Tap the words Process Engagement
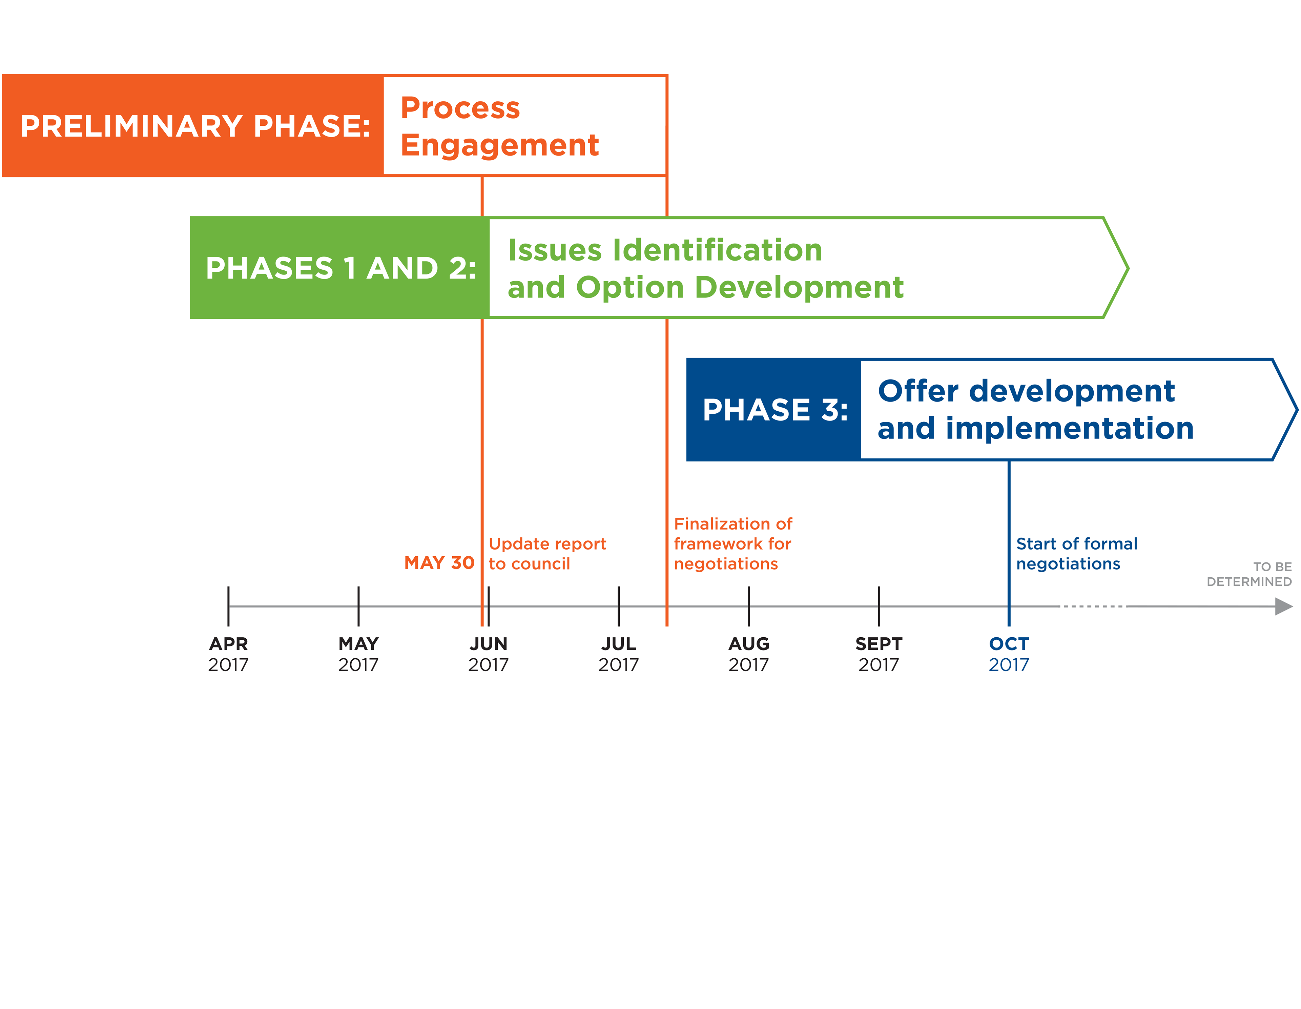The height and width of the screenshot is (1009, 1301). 499,126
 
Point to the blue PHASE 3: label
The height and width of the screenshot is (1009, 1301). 775,410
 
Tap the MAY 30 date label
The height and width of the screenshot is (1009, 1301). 439,563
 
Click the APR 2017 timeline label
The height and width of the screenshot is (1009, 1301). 228,654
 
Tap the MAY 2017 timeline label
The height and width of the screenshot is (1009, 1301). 358,654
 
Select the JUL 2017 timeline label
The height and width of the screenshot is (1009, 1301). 618,654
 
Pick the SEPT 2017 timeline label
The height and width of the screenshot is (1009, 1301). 879,654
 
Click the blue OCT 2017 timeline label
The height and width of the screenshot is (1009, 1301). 1009,654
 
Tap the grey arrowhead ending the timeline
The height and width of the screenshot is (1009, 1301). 1284,607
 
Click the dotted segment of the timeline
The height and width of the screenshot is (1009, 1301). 1093,606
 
